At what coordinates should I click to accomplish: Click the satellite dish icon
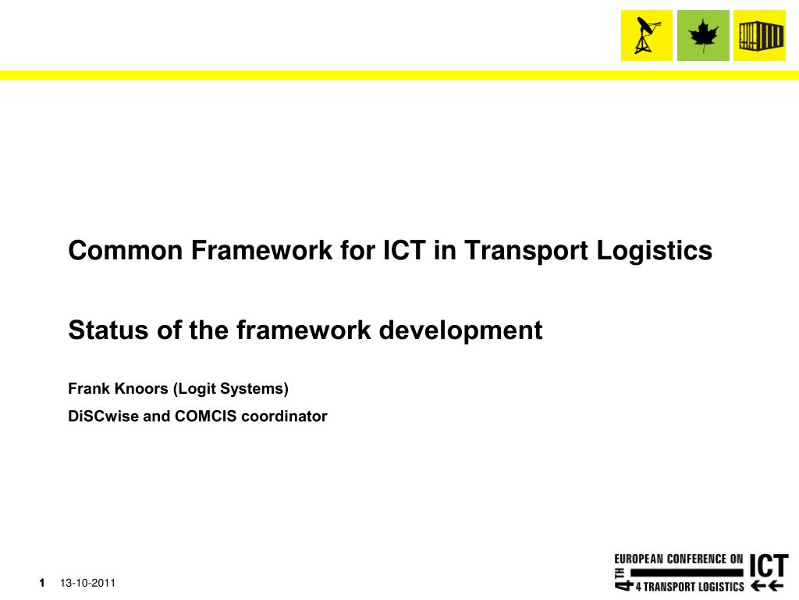(x=647, y=35)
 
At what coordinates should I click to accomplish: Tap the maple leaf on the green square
(x=703, y=36)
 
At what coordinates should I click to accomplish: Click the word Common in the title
(x=126, y=251)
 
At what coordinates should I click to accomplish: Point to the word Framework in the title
(x=261, y=251)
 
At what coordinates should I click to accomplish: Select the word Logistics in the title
(x=655, y=252)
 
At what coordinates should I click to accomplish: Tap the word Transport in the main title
(x=527, y=252)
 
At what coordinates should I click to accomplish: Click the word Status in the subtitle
(x=108, y=330)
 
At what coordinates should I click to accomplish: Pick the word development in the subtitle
(x=460, y=331)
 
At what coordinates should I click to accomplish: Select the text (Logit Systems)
(x=231, y=390)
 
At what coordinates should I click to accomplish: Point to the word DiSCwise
(x=104, y=416)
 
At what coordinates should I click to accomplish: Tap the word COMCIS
(x=206, y=416)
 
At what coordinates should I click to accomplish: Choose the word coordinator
(x=284, y=416)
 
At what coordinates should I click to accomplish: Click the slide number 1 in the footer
(x=42, y=583)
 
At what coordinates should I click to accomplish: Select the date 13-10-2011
(x=87, y=583)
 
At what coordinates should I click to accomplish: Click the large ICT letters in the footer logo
(x=769, y=566)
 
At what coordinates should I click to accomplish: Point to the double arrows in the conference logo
(x=768, y=586)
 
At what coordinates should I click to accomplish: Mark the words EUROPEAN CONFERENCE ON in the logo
(x=679, y=559)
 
